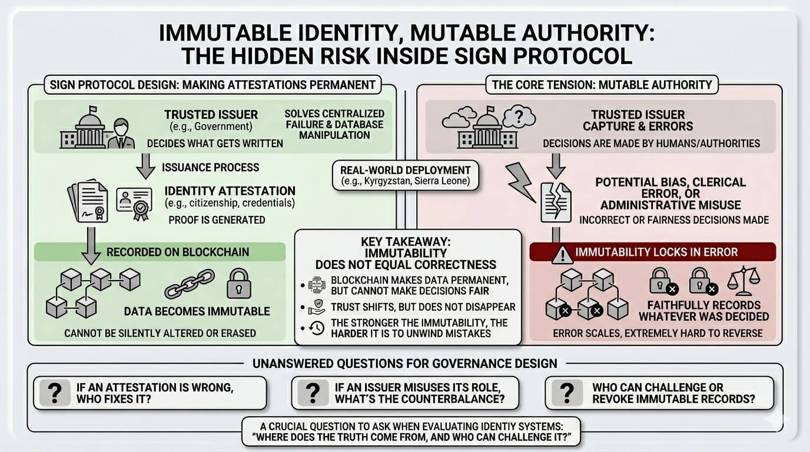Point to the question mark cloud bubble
pos(519,117)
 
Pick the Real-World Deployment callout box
pos(406,175)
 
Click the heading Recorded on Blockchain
pos(178,252)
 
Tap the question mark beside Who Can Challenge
pos(567,393)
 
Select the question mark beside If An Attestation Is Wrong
pos(55,393)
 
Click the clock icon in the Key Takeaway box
pos(316,328)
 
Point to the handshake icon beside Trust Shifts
pos(316,306)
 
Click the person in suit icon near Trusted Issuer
pos(121,133)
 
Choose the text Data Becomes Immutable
pos(197,311)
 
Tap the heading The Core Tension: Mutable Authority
pos(602,84)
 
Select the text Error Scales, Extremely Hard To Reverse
pos(658,333)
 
